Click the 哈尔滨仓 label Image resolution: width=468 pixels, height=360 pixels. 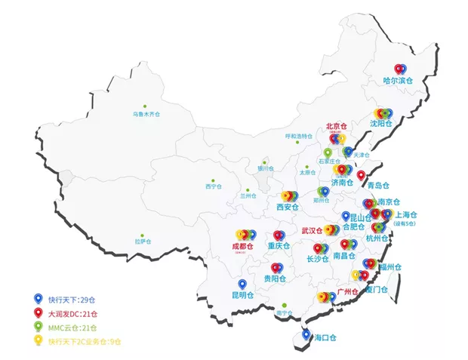tap(398, 80)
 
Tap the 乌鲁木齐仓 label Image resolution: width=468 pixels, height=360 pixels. tap(146, 114)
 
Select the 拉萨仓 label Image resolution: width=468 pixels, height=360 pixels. tap(143, 242)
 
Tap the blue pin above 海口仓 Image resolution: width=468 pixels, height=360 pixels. tap(306, 334)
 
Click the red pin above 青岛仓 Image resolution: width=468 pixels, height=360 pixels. tap(361, 176)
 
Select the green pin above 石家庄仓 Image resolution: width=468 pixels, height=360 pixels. tap(328, 152)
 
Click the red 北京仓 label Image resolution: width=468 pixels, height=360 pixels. tap(335, 126)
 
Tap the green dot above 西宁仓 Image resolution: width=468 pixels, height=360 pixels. tap(214, 177)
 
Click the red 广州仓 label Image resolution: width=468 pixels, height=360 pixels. tap(346, 291)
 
